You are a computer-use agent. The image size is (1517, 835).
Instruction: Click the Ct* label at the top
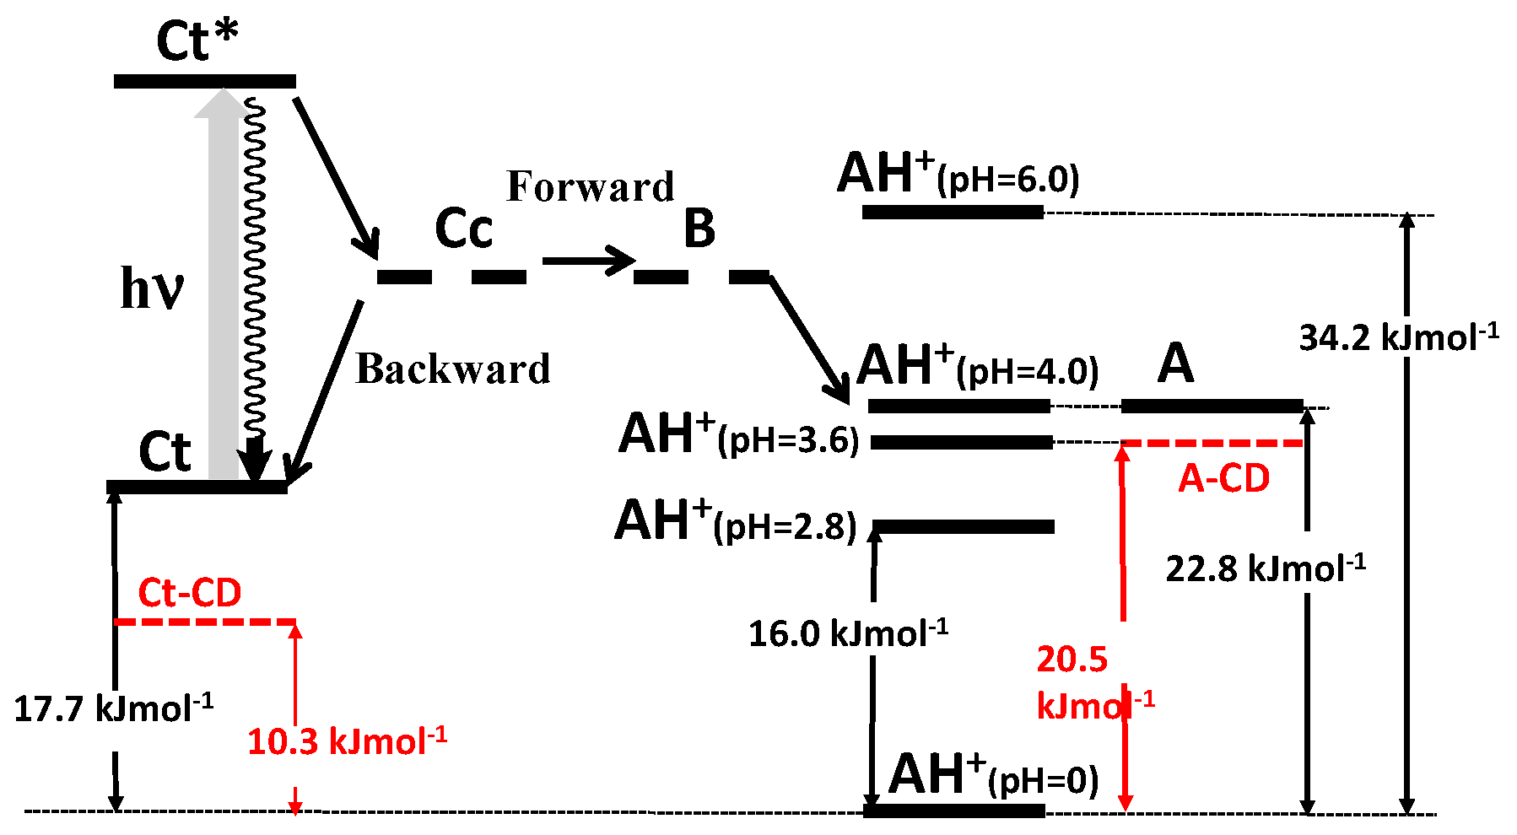[x=197, y=40]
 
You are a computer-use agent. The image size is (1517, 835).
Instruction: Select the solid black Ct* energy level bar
[x=205, y=81]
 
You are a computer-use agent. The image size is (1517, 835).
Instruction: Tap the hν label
[x=152, y=288]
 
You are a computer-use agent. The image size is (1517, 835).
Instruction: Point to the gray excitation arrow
[x=223, y=287]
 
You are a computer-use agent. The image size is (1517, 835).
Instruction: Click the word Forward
[x=590, y=187]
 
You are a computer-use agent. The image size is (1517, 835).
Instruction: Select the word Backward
[x=453, y=369]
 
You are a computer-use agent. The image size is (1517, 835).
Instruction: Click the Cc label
[x=463, y=229]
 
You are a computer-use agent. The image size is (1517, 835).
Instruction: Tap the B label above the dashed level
[x=699, y=229]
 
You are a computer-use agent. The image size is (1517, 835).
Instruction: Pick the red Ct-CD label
[x=190, y=592]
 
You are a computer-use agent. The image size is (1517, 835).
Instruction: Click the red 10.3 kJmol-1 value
[x=346, y=741]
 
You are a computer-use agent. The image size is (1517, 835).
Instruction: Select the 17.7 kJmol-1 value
[x=113, y=708]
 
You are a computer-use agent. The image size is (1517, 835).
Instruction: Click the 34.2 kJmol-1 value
[x=1398, y=337]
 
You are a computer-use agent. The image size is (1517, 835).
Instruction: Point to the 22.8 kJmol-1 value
[x=1266, y=568]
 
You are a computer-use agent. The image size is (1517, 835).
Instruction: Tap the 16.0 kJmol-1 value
[x=848, y=633]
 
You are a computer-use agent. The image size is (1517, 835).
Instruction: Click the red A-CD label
[x=1223, y=479]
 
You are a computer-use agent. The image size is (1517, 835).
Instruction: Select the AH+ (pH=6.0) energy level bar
[x=953, y=212]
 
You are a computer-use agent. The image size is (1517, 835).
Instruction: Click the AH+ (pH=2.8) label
[x=735, y=522]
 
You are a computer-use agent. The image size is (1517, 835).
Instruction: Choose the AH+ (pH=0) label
[x=993, y=775]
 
